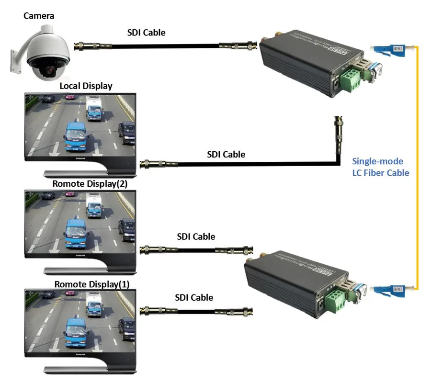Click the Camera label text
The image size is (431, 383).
click(39, 16)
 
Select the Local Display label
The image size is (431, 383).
click(86, 86)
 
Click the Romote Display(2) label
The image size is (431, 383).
click(90, 183)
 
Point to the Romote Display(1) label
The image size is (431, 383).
click(91, 284)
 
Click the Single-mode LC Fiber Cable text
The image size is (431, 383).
click(381, 167)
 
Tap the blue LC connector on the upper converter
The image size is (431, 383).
click(383, 49)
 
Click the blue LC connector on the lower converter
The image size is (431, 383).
click(383, 289)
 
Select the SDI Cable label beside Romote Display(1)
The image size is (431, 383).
click(194, 297)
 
